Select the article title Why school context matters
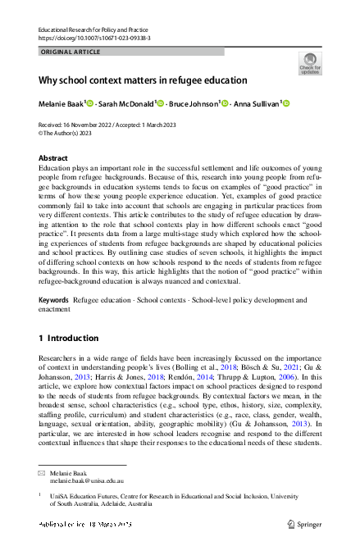[x=143, y=80]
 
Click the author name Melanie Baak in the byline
[x=65, y=104]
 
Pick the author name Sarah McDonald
[x=126, y=104]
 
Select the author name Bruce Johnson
[x=194, y=104]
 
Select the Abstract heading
[x=54, y=157]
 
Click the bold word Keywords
[x=54, y=300]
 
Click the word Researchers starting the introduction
[x=61, y=359]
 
